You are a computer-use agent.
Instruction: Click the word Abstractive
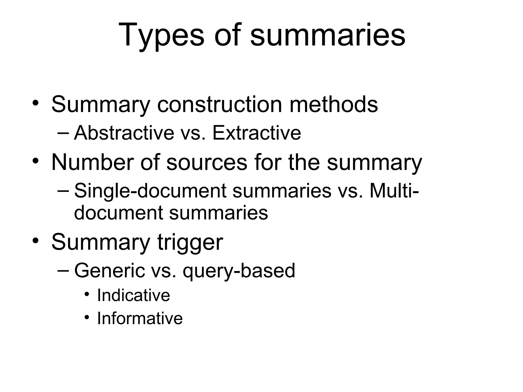pyautogui.click(x=124, y=133)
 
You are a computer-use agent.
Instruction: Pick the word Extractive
pyautogui.click(x=256, y=133)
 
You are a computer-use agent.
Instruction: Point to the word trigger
pyautogui.click(x=190, y=242)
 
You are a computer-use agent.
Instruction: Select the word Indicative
pyautogui.click(x=134, y=295)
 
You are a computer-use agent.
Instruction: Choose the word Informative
pyautogui.click(x=140, y=318)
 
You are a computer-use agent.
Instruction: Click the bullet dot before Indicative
pyautogui.click(x=87, y=295)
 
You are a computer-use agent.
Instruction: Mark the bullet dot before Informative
pyautogui.click(x=87, y=317)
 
